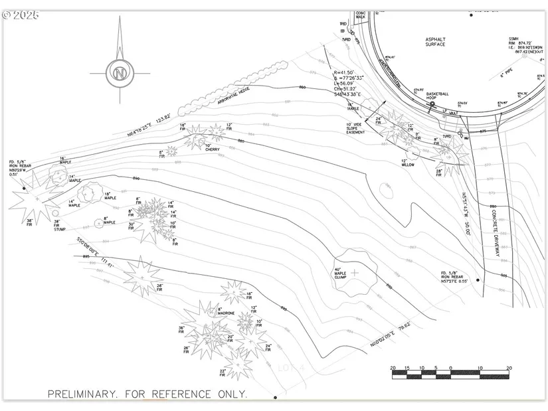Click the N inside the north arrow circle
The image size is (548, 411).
[x=120, y=72]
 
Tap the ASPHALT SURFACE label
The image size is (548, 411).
[x=435, y=42]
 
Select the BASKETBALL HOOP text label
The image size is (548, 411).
[x=438, y=96]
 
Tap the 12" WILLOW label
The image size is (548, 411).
[x=407, y=163]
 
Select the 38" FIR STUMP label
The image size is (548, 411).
[x=56, y=226]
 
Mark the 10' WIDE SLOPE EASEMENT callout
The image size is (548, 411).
[x=355, y=128]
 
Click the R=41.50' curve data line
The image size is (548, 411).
[x=345, y=72]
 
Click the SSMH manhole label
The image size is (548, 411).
[x=513, y=39]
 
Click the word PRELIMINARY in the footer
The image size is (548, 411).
[x=80, y=394]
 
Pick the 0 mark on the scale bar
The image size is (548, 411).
[x=450, y=368]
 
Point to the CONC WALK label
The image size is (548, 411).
[x=361, y=15]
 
